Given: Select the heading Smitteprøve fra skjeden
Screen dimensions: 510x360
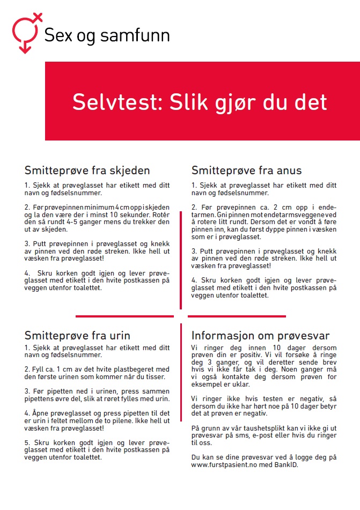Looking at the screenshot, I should (87, 171).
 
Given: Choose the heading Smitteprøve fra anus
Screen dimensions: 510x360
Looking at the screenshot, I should (246, 171).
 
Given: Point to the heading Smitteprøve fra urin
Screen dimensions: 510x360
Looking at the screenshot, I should (77, 336).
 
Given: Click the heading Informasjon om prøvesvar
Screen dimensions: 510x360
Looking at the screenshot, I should (260, 336).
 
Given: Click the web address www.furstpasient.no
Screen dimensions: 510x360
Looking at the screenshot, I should (227, 465).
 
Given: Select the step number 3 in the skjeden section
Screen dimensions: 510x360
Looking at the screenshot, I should (26, 243).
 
